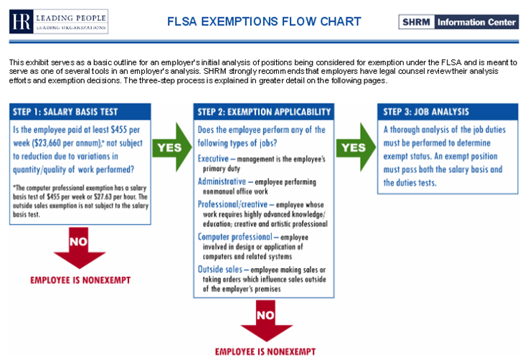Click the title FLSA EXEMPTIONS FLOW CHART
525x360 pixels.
coord(263,22)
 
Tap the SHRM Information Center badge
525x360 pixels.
coord(458,22)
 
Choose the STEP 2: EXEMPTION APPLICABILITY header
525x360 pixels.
coord(264,112)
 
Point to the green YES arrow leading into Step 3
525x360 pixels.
coord(354,147)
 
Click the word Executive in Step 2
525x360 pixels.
coord(213,156)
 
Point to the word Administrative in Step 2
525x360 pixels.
coord(220,182)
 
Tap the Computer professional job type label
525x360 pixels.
coord(234,237)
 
